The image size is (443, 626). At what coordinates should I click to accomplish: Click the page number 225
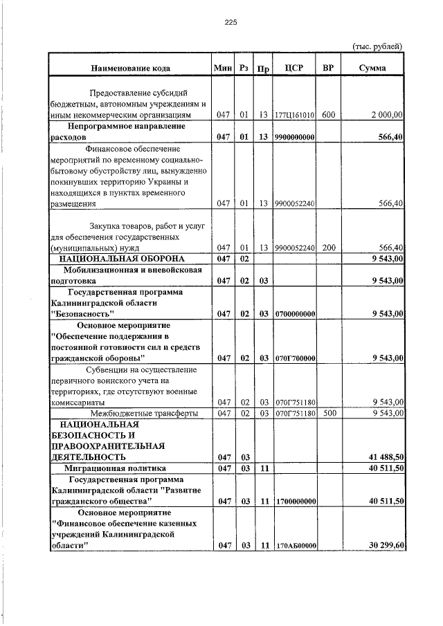[230, 22]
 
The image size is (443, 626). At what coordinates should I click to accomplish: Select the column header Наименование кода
[129, 68]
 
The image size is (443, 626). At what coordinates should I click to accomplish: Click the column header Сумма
[373, 68]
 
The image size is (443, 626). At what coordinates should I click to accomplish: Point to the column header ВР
[328, 68]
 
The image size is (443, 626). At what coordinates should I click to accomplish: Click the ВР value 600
[328, 115]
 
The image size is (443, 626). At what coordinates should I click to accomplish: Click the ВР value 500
[328, 414]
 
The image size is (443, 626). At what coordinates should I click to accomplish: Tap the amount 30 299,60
[383, 546]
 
